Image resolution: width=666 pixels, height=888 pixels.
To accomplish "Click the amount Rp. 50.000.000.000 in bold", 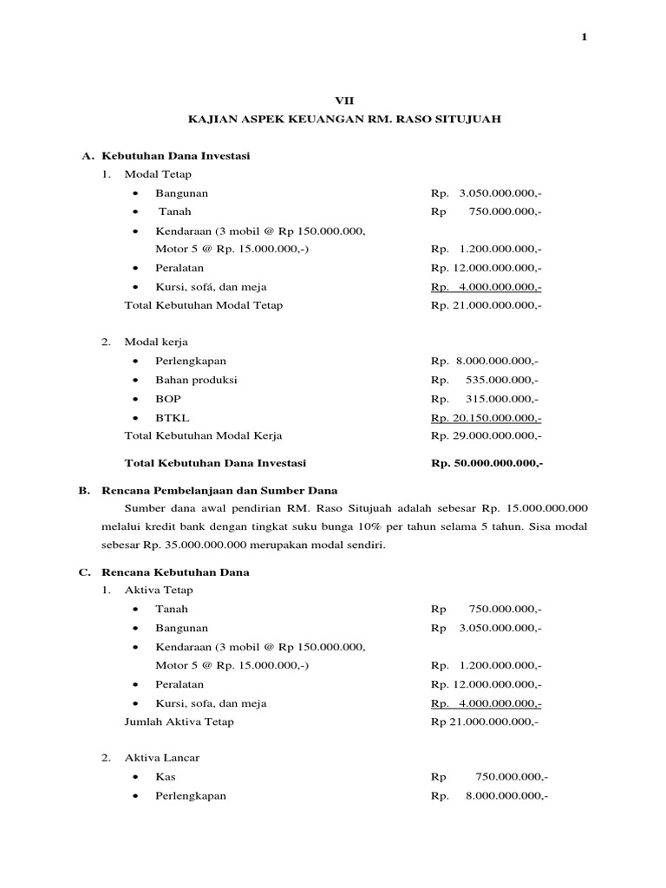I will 486,463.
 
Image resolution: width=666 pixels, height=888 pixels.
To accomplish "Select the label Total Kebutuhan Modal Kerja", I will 204,435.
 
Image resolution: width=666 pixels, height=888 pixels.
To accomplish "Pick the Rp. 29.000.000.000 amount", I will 486,435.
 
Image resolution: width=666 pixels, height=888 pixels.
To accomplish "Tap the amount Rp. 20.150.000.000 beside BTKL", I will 486,417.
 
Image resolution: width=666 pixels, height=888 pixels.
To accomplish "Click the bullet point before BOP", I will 136,399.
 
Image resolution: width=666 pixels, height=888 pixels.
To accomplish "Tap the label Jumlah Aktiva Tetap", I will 180,721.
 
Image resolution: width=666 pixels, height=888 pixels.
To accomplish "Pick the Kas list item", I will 165,777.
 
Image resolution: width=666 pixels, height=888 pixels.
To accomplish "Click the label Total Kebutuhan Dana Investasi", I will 215,463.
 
